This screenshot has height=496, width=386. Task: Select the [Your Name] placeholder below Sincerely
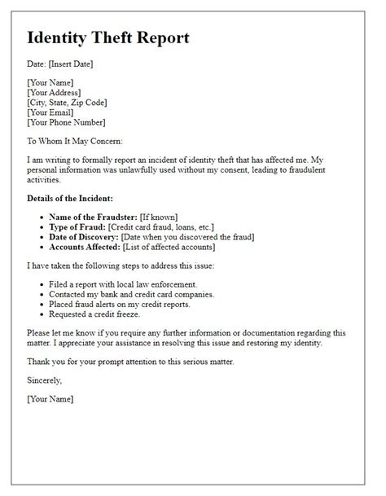point(50,399)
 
